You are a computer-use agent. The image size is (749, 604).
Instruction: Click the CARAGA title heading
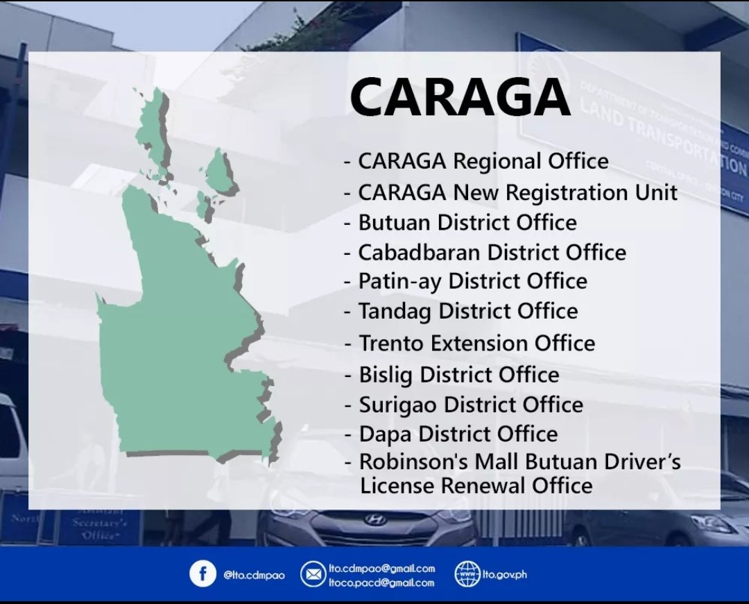[460, 97]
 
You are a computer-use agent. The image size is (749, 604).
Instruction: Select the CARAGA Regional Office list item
[483, 162]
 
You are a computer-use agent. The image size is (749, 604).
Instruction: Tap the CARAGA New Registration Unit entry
[517, 192]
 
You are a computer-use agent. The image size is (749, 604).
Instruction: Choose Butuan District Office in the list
[467, 223]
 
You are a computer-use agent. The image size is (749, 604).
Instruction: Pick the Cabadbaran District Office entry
[492, 252]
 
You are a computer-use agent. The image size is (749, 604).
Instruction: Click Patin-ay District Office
[472, 281]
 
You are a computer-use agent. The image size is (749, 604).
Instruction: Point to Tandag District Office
[467, 311]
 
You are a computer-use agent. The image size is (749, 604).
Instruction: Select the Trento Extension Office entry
[476, 343]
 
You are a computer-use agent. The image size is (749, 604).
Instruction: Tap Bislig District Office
[458, 375]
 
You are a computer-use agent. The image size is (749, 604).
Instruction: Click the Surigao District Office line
[470, 405]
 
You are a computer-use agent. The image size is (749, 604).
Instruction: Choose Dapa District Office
[458, 435]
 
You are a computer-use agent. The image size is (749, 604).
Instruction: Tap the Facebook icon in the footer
[203, 574]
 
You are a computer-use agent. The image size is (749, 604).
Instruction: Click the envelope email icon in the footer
[313, 574]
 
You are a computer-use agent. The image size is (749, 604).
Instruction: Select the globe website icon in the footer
[467, 574]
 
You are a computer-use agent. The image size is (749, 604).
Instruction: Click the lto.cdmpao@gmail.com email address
[381, 569]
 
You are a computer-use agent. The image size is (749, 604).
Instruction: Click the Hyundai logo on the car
[374, 519]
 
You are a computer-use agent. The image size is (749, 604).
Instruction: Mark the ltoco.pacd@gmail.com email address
[381, 582]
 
